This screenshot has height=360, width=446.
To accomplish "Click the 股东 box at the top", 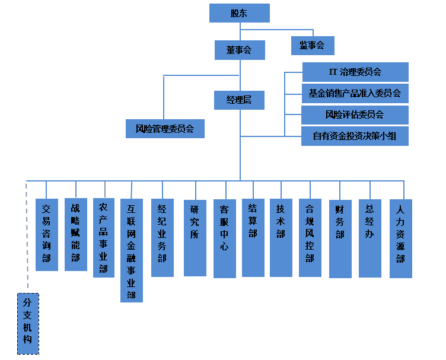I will point(239,13).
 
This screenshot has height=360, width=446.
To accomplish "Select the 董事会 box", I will point(239,50).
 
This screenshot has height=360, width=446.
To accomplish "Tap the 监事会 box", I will point(312,46).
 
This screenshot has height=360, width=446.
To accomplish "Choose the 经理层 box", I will point(239,100).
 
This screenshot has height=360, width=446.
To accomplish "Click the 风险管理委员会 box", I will point(165,128).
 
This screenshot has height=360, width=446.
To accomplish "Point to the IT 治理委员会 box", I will point(355,72).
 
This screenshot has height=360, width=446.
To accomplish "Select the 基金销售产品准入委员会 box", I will point(355,93).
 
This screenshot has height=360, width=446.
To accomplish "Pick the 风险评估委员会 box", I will point(355,114).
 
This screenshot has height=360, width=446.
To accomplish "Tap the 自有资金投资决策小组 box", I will point(355,136).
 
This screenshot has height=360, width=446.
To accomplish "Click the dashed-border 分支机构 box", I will point(27,323).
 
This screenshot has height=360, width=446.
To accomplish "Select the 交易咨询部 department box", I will point(47,234).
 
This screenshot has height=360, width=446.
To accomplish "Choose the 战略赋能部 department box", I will point(75,234).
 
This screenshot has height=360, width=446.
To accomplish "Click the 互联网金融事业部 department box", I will point(131,250).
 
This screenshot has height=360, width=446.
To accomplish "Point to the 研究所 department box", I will point(195,237).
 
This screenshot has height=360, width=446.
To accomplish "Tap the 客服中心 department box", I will point(224,238).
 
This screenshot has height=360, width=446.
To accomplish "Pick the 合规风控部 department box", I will point(310,237).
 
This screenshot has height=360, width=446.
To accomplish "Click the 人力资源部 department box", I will point(400,238).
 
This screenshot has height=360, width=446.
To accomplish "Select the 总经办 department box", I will point(369,238).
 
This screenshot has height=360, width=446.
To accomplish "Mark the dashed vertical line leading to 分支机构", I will point(27,237).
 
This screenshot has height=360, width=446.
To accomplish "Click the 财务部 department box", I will point(340,238).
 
